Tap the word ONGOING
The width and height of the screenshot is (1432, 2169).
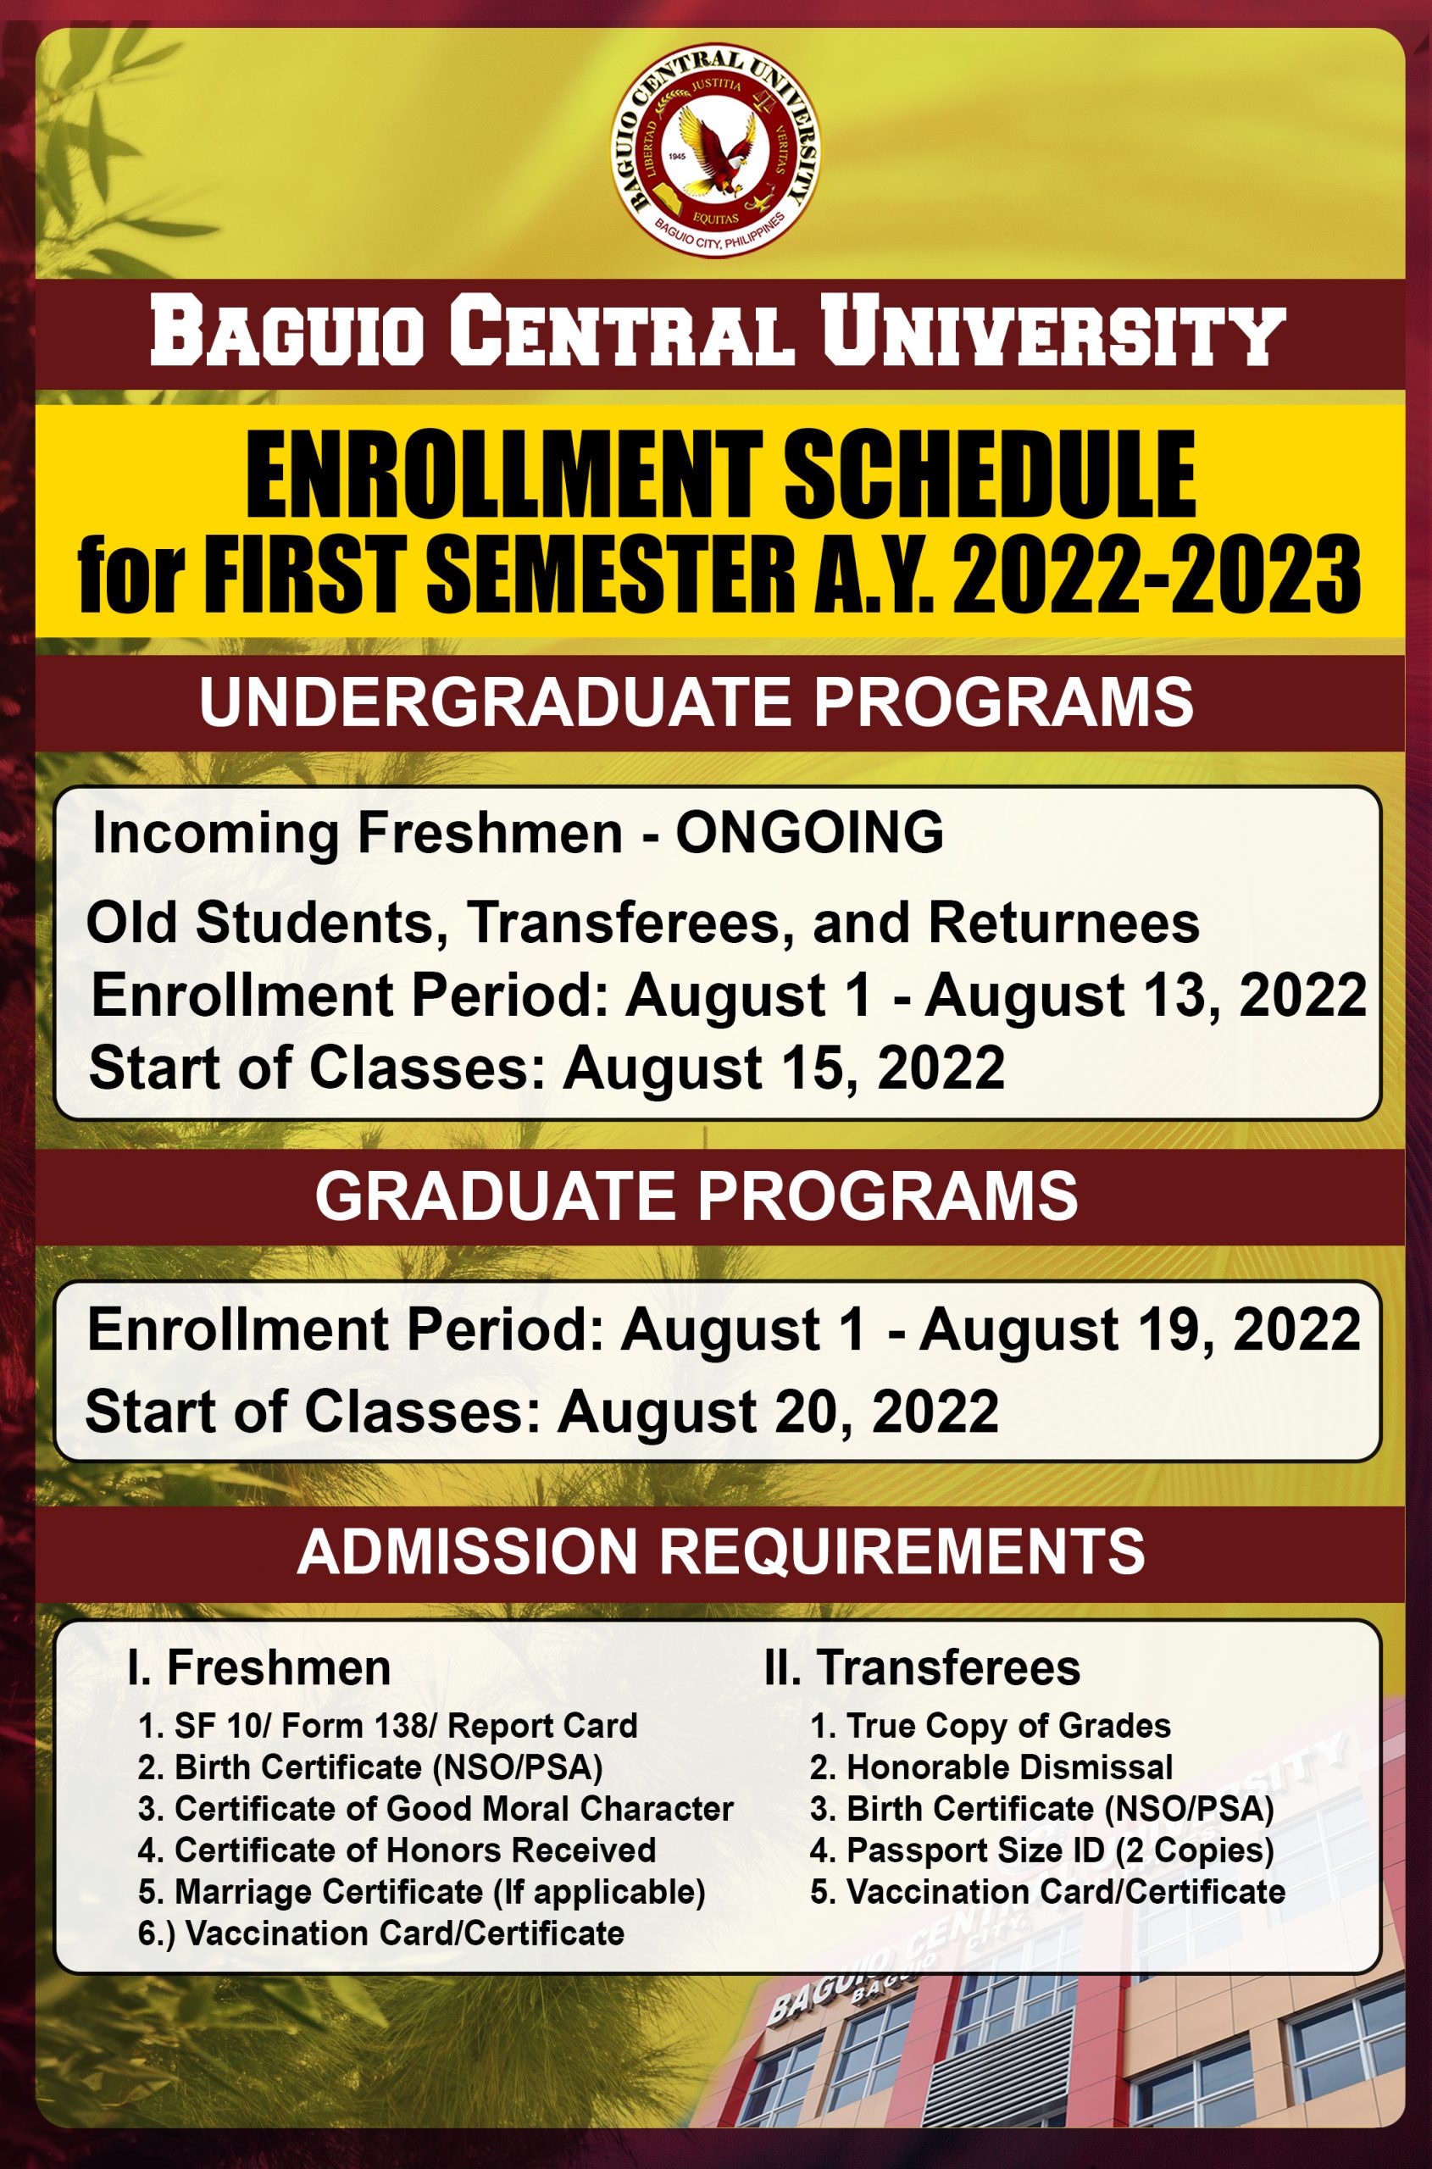click(x=809, y=833)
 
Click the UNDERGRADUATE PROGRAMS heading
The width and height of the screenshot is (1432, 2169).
click(x=696, y=702)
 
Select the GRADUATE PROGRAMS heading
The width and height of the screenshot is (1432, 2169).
click(x=696, y=1196)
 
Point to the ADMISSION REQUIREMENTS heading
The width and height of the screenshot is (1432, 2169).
click(x=720, y=1550)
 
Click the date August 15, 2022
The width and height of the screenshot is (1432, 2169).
click(x=784, y=1068)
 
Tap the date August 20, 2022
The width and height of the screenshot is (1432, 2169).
click(x=778, y=1411)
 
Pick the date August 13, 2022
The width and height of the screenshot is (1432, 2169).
click(x=1146, y=995)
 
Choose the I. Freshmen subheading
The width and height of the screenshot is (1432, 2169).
click(x=259, y=1667)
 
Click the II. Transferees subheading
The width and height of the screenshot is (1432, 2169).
click(x=922, y=1667)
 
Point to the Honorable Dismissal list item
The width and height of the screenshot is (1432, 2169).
click(x=991, y=1767)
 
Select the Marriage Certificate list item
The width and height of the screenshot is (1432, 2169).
click(x=422, y=1891)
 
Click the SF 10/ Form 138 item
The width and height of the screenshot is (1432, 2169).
click(x=387, y=1726)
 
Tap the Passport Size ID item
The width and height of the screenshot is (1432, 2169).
click(x=1041, y=1850)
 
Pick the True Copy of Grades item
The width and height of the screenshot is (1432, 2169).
click(x=990, y=1726)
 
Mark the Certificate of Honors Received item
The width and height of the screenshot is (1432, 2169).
click(x=397, y=1850)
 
